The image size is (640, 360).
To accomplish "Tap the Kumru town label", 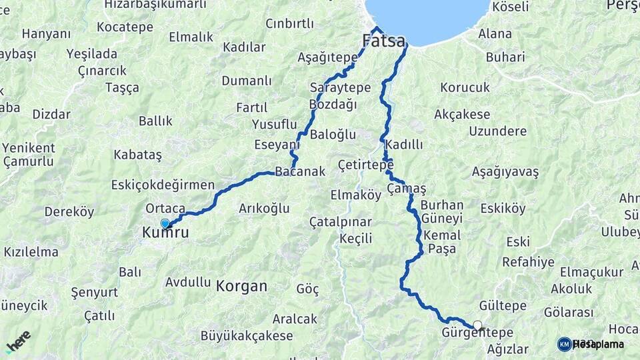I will click(165, 233).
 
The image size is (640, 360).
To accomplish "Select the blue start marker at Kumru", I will click(165, 224).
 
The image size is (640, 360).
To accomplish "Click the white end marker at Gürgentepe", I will click(477, 325).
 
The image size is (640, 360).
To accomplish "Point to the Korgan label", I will click(241, 287).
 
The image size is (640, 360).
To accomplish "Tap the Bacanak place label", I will click(300, 171).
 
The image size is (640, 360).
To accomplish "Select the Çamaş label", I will click(406, 189).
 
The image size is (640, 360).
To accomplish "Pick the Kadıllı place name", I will click(404, 145).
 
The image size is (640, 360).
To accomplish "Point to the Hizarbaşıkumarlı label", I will click(155, 5).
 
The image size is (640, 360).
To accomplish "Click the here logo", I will click(18, 341).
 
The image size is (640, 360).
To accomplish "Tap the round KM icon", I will click(564, 344).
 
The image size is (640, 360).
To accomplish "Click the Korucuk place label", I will click(465, 87).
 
